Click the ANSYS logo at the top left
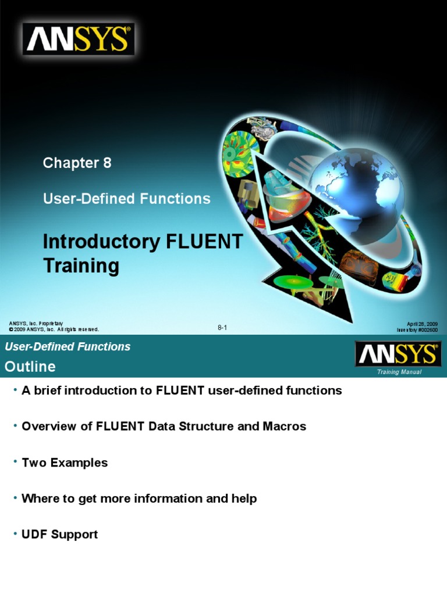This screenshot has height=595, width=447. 79,40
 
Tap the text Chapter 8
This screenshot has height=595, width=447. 77,163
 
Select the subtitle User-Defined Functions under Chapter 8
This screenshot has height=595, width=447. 126,199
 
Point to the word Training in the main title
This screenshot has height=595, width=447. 81,266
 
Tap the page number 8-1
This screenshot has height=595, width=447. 222,328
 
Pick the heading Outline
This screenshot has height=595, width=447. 30,367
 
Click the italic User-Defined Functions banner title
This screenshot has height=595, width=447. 68,347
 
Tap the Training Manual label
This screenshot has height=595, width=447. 399,372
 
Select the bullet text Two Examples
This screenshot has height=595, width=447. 65,463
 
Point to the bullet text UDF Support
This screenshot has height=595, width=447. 59,535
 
